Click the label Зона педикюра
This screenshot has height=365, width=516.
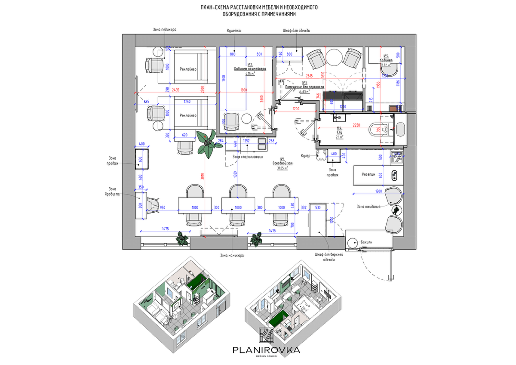pyautogui.click(x=165, y=30)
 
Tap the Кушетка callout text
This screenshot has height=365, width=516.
pyautogui.click(x=234, y=31)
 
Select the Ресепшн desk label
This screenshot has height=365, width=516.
pyautogui.click(x=368, y=175)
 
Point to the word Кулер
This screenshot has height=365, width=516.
pyautogui.click(x=305, y=156)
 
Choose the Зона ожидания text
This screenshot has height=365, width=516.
pyautogui.click(x=369, y=206)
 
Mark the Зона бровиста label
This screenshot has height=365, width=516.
pyautogui.click(x=113, y=191)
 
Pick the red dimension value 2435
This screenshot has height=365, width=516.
pyautogui.click(x=176, y=90)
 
